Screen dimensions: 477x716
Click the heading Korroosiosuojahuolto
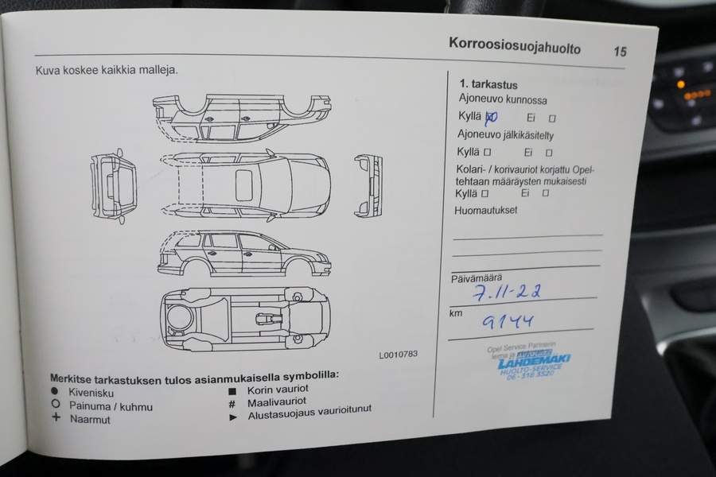pos(514,46)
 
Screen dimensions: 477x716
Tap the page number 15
pos(620,52)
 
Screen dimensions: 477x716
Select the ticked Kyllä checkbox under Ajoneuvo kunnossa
pos(491,117)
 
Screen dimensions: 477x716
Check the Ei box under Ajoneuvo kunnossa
pos(551,118)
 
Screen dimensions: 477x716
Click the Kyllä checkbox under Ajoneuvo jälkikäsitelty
pos(486,151)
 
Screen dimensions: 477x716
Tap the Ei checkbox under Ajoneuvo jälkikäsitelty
pos(548,152)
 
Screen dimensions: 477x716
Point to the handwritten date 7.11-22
pos(508,293)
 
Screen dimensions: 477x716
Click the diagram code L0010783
pos(398,355)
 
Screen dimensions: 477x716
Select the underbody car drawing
pos(244,316)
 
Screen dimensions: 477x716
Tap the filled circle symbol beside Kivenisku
pos(55,393)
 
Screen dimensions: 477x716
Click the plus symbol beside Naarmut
pos(56,418)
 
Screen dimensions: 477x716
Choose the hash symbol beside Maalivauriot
pos(232,404)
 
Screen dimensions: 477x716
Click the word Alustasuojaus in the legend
pos(279,415)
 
